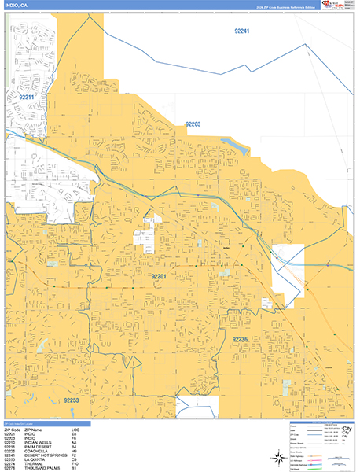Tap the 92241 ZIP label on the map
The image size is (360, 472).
(242, 31)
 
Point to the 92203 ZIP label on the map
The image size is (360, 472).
(193, 124)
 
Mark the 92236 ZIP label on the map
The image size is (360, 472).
(240, 338)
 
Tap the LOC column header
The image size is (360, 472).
(75, 427)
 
